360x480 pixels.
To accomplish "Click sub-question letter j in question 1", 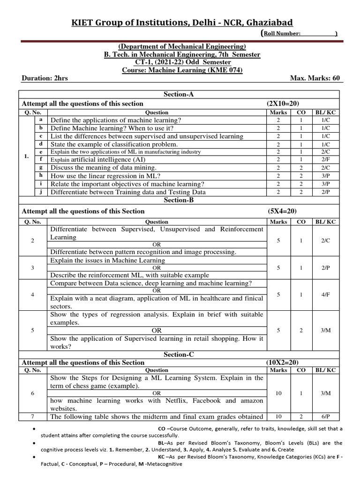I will click(41, 191).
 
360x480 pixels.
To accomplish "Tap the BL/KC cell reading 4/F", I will click(325, 295).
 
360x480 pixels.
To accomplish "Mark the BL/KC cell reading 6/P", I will click(325, 416).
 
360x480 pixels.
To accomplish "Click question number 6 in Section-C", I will click(33, 393).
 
